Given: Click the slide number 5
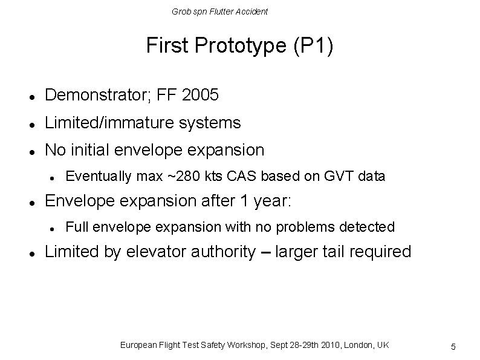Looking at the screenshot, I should (453, 347).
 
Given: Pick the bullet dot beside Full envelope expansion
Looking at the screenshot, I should (53, 228).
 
